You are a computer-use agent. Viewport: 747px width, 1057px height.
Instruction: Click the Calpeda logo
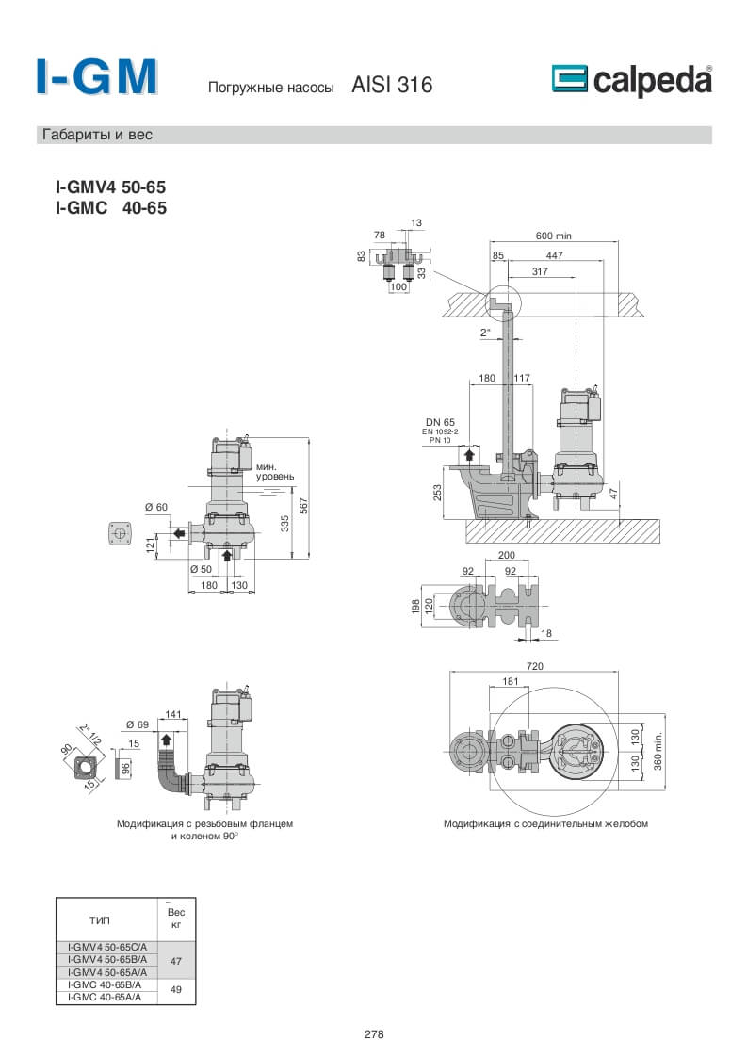coord(631,81)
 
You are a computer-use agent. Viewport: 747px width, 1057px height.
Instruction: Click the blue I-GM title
coord(97,77)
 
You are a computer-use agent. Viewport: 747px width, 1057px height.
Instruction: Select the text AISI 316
coord(392,86)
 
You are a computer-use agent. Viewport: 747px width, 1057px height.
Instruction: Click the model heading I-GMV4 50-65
coord(111,187)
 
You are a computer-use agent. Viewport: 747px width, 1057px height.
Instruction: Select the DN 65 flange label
coord(440,422)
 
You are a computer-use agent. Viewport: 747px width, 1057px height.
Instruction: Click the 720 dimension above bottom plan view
coord(535,666)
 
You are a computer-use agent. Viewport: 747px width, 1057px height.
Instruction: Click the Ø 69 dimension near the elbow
coord(137,724)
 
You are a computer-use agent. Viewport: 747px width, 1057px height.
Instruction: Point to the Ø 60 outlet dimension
coord(155,508)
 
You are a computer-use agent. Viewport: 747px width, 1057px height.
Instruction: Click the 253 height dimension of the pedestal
coord(438,492)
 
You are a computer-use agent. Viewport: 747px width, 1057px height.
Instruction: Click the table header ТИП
coord(100,919)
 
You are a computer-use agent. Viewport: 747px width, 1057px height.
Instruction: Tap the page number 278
coord(373,1034)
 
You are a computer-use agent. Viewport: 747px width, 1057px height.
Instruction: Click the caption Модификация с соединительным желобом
coord(545,823)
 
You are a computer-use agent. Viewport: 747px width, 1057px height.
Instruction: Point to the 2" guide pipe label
coord(486,332)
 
